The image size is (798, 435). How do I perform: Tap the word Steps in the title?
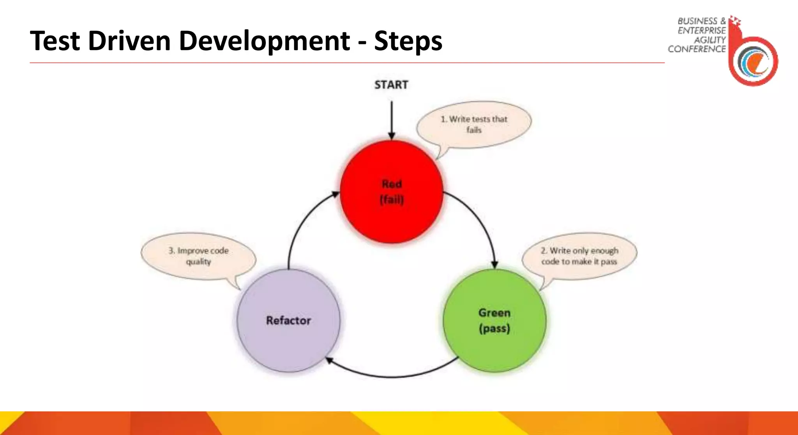coord(408,41)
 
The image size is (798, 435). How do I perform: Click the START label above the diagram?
coord(391,85)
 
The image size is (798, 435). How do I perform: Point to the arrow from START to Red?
coord(392,119)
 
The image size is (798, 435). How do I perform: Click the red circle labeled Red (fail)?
coord(392,218)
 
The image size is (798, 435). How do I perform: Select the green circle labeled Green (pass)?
coord(494,347)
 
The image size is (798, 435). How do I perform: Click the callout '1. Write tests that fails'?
coord(474,125)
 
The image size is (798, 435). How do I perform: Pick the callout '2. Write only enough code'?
coord(579,256)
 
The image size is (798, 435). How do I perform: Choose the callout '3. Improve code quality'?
coord(198,256)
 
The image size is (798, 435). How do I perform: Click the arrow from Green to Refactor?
coord(392,377)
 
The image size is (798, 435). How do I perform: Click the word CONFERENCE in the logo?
coord(697,49)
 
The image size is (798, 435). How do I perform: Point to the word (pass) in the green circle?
coord(494,329)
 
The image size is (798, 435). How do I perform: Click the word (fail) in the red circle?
coord(392,200)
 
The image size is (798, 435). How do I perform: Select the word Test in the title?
coord(55,41)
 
